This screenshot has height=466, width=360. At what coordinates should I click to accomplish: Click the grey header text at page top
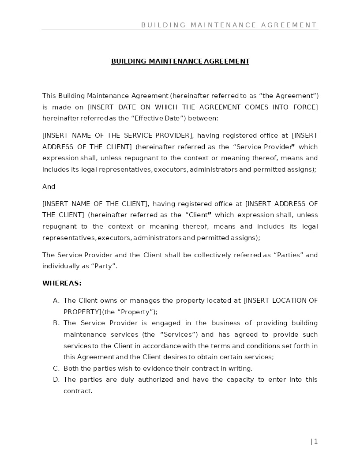pos(229,25)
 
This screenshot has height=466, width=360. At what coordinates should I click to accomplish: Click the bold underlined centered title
pos(180,61)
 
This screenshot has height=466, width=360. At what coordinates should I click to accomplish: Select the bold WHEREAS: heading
pos(62,283)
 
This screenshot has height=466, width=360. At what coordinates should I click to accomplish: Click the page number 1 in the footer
pos(315,441)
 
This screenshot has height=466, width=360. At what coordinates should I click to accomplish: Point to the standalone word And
pos(49,187)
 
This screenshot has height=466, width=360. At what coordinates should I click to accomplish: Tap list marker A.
pos(56,301)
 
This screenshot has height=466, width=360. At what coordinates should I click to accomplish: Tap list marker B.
pos(56,323)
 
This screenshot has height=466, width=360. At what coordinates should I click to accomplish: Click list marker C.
pos(56,368)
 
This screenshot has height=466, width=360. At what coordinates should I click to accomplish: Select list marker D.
pos(56,380)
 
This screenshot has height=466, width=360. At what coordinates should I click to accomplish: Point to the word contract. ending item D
pos(78,391)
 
